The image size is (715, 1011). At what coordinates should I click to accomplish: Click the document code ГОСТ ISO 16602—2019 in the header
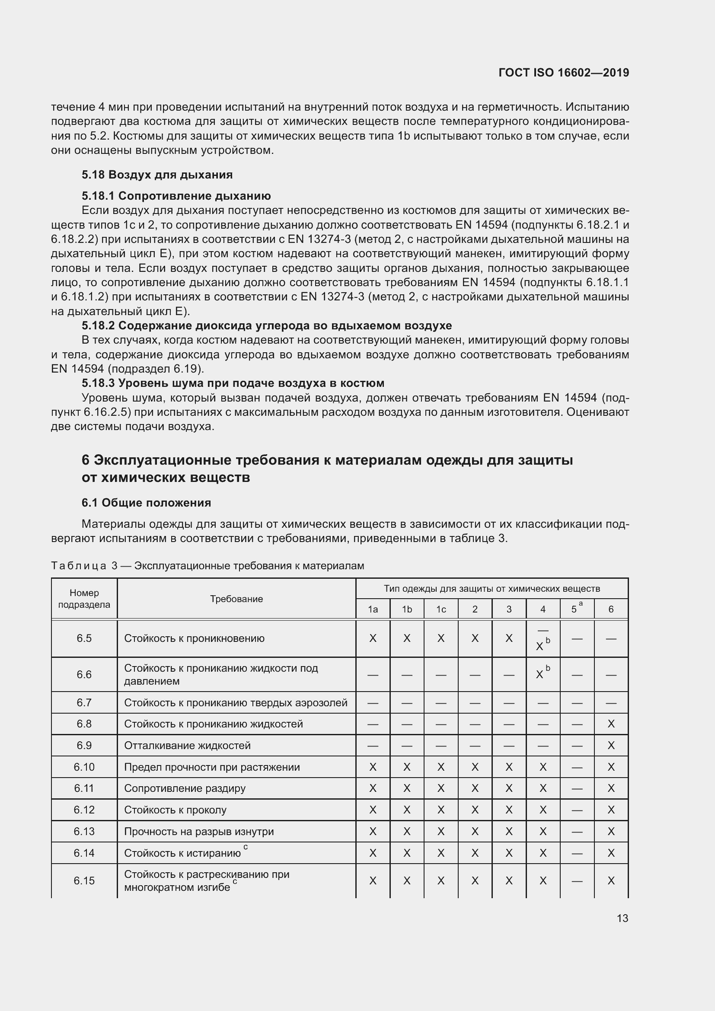(x=564, y=73)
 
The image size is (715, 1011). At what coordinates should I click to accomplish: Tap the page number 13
(x=622, y=918)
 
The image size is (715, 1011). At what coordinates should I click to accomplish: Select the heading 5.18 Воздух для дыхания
(x=157, y=175)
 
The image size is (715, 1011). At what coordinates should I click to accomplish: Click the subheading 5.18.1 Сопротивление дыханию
(x=176, y=195)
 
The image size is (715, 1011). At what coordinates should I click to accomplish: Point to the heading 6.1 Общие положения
(x=146, y=502)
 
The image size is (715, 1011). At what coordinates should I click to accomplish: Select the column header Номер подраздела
(x=84, y=599)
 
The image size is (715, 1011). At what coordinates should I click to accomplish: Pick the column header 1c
(x=440, y=609)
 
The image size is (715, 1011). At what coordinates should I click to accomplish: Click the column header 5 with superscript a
(x=576, y=609)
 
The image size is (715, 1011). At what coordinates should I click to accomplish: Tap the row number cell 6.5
(x=84, y=638)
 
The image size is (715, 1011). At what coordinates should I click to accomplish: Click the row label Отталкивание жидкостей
(x=187, y=746)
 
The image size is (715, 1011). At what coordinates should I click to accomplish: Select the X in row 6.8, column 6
(x=611, y=724)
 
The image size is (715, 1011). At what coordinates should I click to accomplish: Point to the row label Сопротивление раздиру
(x=185, y=788)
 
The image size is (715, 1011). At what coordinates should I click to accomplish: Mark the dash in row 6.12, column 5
(x=577, y=810)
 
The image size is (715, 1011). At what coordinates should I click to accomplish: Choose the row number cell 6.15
(x=84, y=880)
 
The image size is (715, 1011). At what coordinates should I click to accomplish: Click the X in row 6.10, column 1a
(x=373, y=767)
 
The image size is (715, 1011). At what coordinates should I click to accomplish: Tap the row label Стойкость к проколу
(x=175, y=810)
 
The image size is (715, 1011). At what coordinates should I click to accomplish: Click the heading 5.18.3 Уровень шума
(x=233, y=383)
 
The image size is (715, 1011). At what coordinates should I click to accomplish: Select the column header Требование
(x=236, y=599)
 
